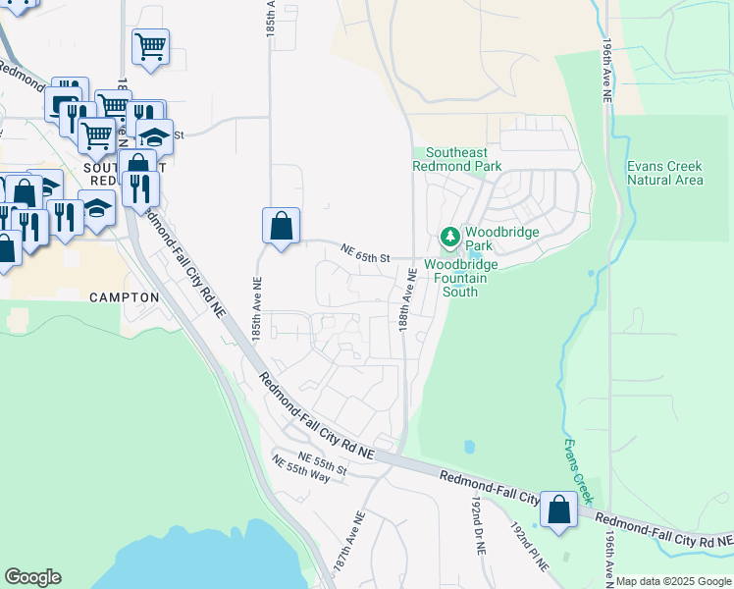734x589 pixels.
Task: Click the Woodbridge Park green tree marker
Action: (x=449, y=237)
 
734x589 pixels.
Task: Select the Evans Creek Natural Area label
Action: (x=665, y=173)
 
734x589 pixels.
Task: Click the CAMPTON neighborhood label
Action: (x=124, y=296)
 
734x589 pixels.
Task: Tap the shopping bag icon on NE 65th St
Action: (x=282, y=226)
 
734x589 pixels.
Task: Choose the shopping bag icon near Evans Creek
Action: (x=558, y=510)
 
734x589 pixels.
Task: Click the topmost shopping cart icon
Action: (x=150, y=45)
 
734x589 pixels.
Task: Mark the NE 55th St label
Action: (x=323, y=461)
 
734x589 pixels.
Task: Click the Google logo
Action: (x=32, y=577)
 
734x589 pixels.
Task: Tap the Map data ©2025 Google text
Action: (x=674, y=581)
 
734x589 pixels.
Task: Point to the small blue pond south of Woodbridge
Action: (x=469, y=447)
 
